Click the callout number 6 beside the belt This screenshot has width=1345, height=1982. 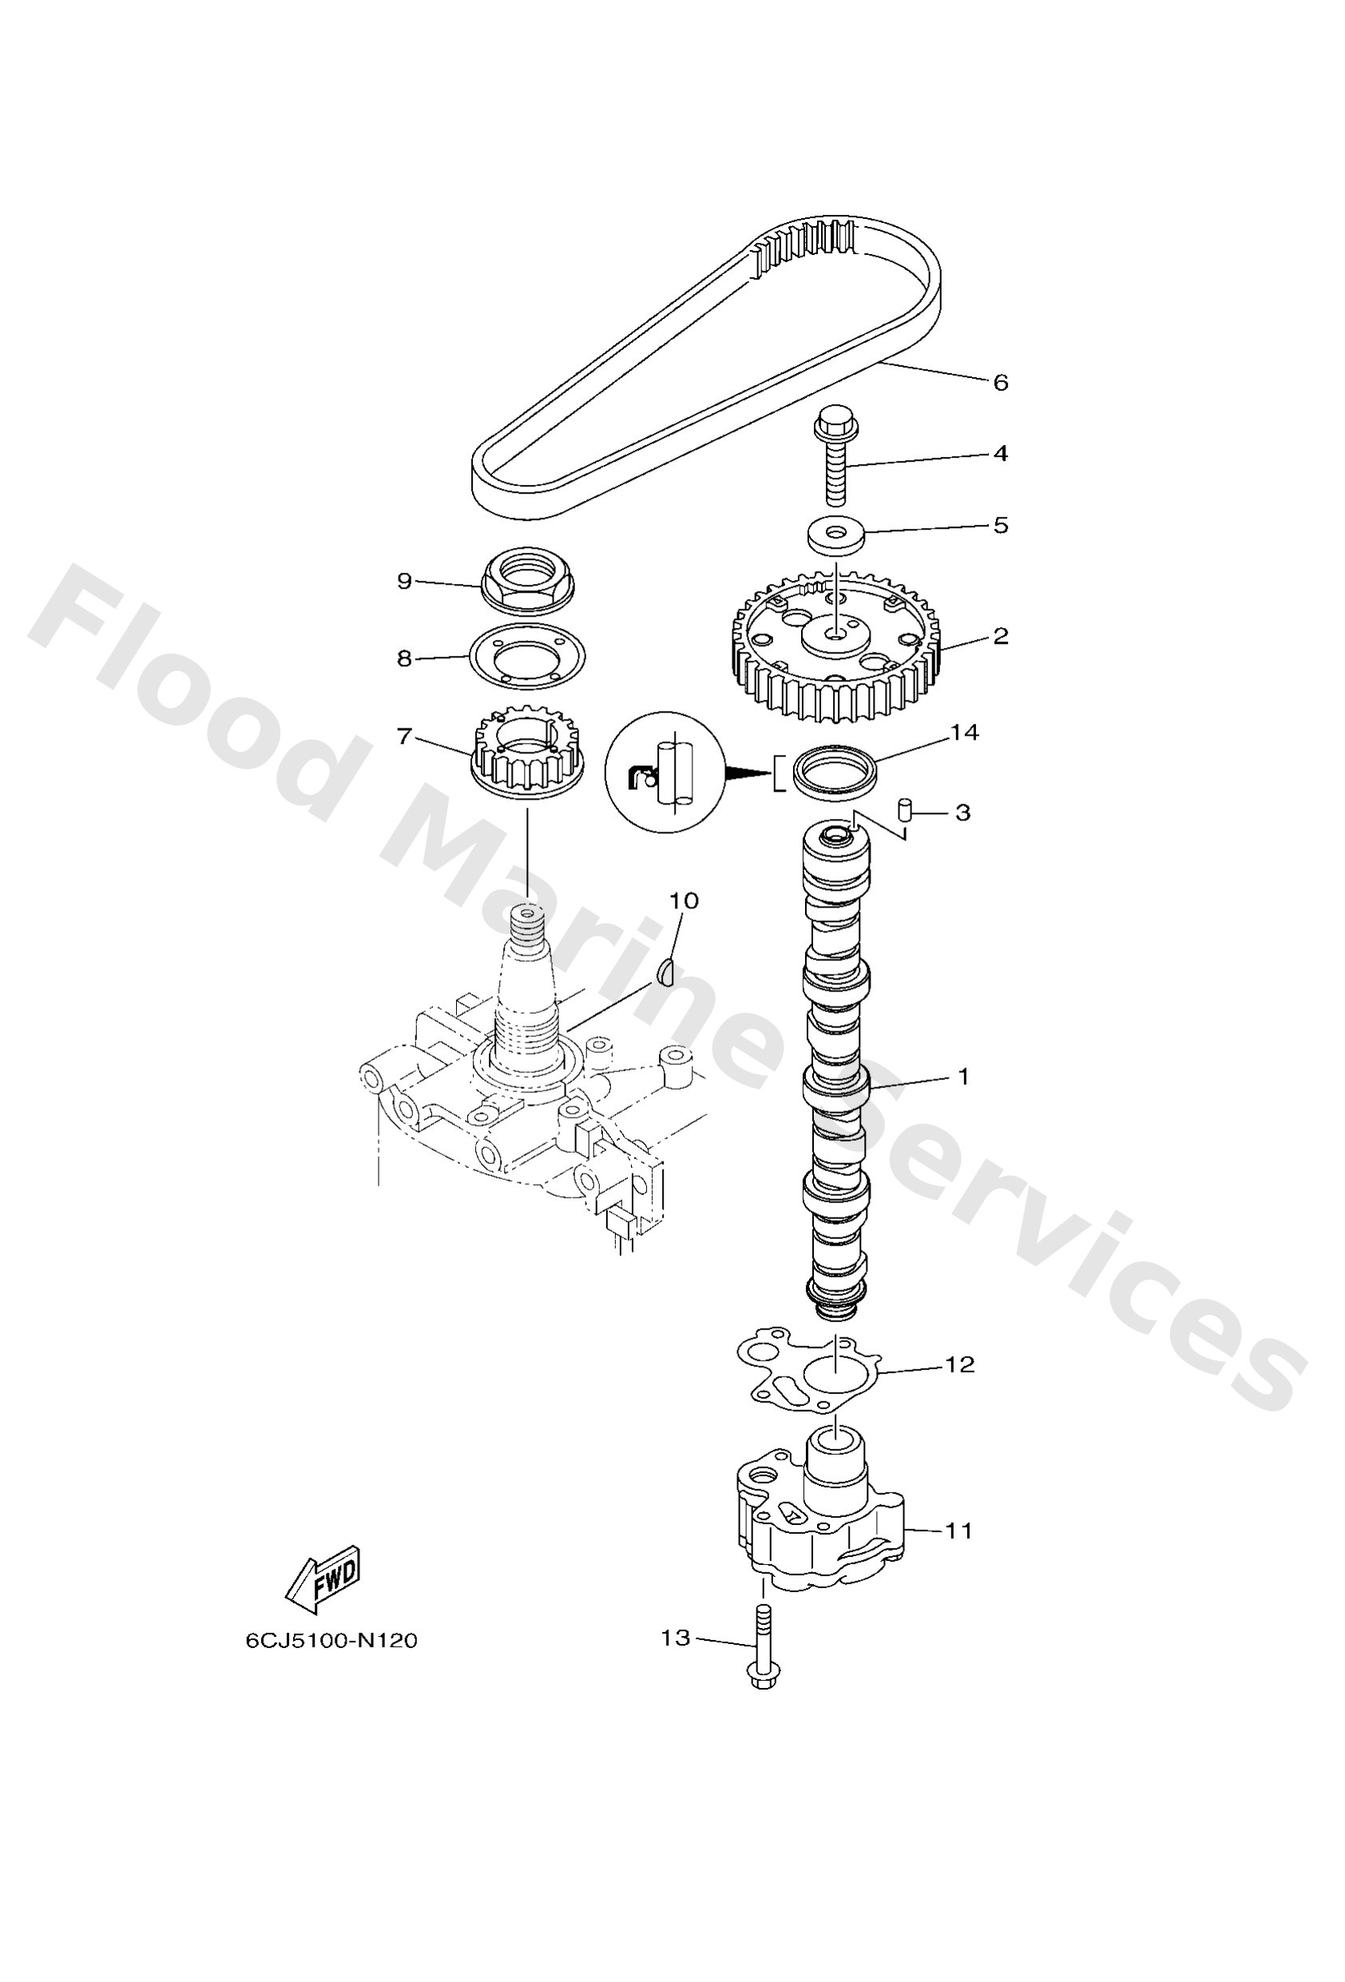pyautogui.click(x=1001, y=383)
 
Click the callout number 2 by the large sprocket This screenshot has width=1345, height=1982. pyautogui.click(x=1001, y=636)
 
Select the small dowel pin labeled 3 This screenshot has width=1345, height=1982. pyautogui.click(x=907, y=808)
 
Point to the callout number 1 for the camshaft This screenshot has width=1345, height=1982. pyautogui.click(x=963, y=1077)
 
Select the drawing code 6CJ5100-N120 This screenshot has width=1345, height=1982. pyautogui.click(x=331, y=1641)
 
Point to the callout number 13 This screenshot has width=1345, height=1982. pyautogui.click(x=676, y=1638)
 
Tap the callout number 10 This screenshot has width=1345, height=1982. pyautogui.click(x=683, y=901)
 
